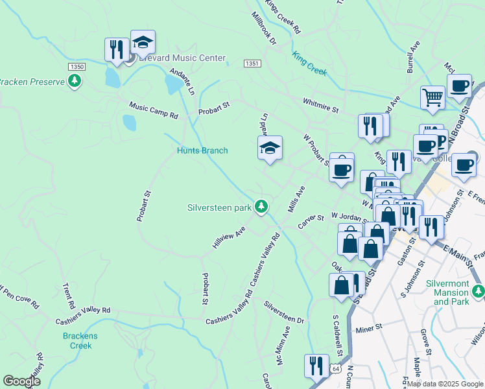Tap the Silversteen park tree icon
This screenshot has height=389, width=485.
(261, 207)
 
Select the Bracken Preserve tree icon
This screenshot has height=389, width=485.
(75, 81)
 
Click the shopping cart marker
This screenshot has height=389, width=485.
(432, 98)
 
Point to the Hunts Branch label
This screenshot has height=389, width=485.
(202, 150)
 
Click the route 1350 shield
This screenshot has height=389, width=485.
(77, 67)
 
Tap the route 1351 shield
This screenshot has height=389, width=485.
(252, 63)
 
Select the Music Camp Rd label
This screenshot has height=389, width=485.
(153, 111)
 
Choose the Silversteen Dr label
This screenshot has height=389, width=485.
(283, 312)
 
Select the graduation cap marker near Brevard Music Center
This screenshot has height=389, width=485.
(143, 42)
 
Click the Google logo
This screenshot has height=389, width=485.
(22, 381)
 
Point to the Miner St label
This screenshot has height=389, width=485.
(370, 330)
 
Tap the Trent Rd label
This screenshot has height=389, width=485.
(67, 296)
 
